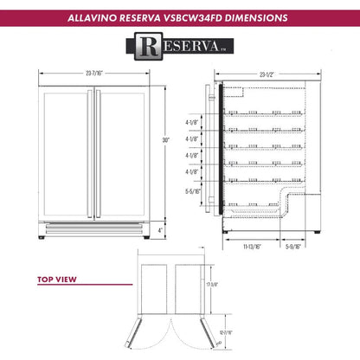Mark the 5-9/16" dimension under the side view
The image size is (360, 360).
294,247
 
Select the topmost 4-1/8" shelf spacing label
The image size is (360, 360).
190,123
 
